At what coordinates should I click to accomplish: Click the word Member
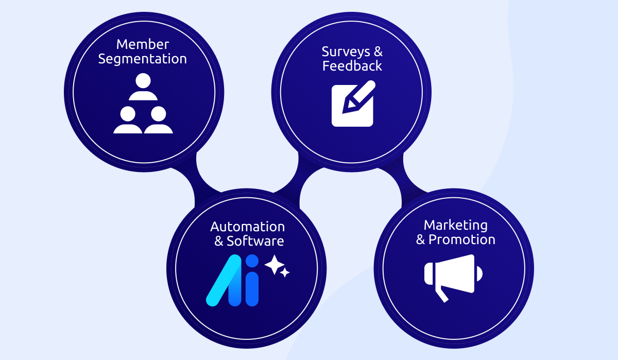pos(143,44)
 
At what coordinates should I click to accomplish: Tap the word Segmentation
pos(143,59)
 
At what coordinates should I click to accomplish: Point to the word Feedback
pos(352,66)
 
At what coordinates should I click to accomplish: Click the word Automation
pos(247,227)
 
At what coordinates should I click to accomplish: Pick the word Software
pos(255,241)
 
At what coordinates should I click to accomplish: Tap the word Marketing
pos(455,225)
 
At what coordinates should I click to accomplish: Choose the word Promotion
pos(462,239)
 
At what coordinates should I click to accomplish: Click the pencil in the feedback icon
pos(360,96)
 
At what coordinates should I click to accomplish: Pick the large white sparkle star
pos(274,265)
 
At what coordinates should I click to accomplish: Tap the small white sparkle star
pos(285,272)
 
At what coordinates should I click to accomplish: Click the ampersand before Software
pos(219,241)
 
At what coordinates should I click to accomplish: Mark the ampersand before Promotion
pos(421,239)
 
